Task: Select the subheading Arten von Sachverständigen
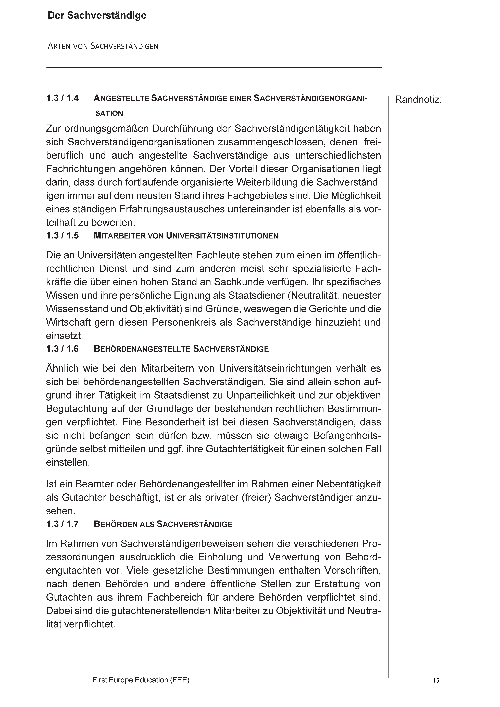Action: pyautogui.click(x=103, y=46)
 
